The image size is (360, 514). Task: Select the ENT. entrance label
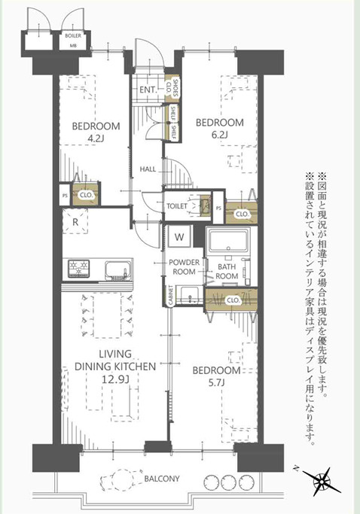coord(148,90)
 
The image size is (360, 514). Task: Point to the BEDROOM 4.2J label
coord(95,131)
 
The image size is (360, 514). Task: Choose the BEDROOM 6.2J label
coord(220,128)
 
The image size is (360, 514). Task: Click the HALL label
coord(148,169)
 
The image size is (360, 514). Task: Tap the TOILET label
coord(176,205)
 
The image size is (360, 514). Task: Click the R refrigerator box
coord(75,222)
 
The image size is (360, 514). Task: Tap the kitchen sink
coord(117,269)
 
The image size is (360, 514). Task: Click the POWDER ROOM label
coord(184,267)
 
